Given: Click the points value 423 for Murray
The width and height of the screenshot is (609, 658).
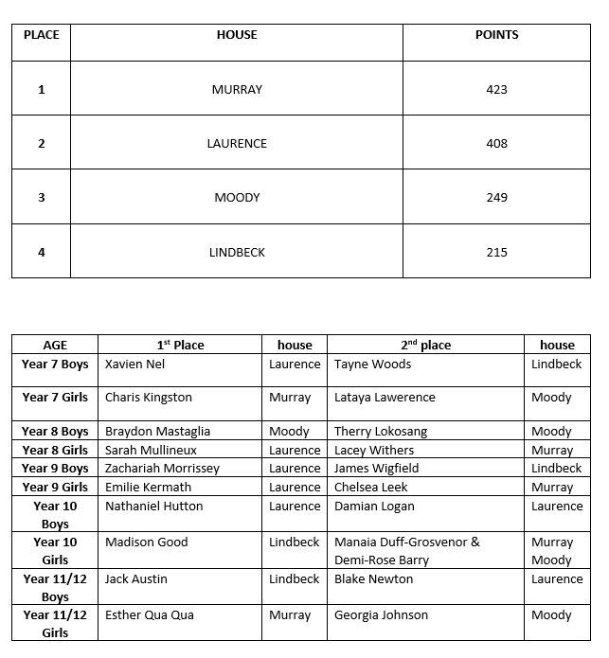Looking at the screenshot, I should click(x=496, y=90).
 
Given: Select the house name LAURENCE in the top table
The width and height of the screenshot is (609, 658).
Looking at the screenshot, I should click(x=237, y=144).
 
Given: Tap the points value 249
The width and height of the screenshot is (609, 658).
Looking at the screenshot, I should click(x=496, y=198).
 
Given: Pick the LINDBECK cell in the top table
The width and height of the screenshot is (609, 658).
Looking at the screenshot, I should click(x=237, y=253).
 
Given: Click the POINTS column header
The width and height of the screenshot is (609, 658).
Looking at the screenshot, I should click(x=496, y=35).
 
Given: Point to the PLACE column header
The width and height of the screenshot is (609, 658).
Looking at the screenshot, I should click(x=41, y=35).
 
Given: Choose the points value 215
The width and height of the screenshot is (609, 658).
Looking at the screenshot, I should click(x=496, y=253).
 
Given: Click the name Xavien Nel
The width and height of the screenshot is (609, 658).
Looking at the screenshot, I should click(x=134, y=365).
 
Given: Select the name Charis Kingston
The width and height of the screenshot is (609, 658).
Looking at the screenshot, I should click(x=148, y=398).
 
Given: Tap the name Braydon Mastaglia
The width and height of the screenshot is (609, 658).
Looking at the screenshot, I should click(x=157, y=432).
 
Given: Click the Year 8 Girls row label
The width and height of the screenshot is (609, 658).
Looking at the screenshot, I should click(x=55, y=451).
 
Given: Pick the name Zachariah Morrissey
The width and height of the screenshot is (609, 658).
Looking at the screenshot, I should click(x=162, y=469).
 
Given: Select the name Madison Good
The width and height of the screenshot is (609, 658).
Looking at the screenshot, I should click(x=146, y=542).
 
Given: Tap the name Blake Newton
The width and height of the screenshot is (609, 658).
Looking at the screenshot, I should click(x=373, y=579).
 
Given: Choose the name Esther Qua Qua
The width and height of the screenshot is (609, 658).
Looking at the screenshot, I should click(x=149, y=615).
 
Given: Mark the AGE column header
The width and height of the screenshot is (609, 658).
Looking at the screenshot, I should click(x=55, y=346).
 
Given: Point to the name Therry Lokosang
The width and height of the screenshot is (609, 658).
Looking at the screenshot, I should click(x=381, y=432).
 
